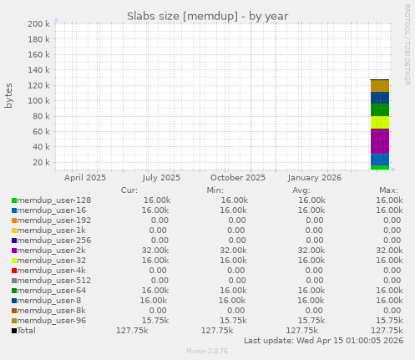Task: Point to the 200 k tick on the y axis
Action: coord(38,24)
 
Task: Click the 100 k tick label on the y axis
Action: coord(38,101)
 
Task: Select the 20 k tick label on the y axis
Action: coord(41,162)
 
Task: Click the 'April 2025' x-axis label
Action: coord(85,177)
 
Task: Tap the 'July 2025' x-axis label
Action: coord(161,177)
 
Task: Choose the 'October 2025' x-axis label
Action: coord(237,177)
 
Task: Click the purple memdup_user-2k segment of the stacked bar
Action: coord(379,141)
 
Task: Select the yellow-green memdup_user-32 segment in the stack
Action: coord(379,122)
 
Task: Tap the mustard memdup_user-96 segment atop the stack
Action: coord(379,86)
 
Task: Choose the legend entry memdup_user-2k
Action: coord(49,250)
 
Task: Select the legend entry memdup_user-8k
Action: coord(49,310)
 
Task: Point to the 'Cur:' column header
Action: coord(129,190)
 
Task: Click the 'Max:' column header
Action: coord(389,190)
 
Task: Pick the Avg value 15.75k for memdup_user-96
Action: coord(311,320)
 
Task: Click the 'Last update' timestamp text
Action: coord(322,340)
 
